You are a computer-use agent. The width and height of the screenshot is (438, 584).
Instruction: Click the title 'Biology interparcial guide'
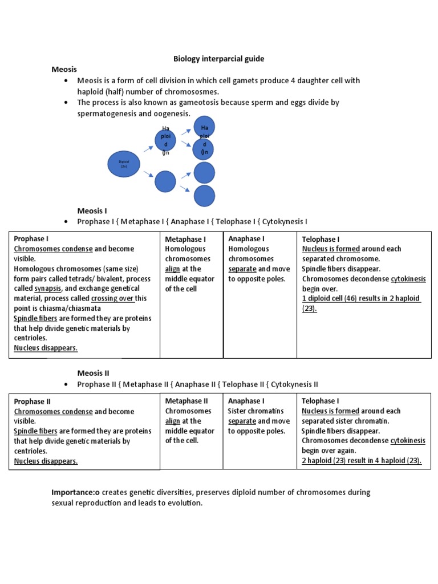pyautogui.click(x=219, y=59)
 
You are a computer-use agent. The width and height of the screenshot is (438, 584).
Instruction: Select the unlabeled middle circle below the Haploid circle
pyautogui.click(x=165, y=181)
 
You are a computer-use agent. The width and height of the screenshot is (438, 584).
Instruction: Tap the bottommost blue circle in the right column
pyautogui.click(x=204, y=196)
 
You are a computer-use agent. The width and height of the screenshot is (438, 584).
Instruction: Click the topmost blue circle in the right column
pyautogui.click(x=204, y=127)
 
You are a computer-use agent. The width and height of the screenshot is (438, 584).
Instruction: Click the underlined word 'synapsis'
pyautogui.click(x=47, y=289)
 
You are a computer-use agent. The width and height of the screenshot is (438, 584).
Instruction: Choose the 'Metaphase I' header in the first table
pyautogui.click(x=185, y=239)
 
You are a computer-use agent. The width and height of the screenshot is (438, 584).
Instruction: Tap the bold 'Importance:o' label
pyautogui.click(x=76, y=492)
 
